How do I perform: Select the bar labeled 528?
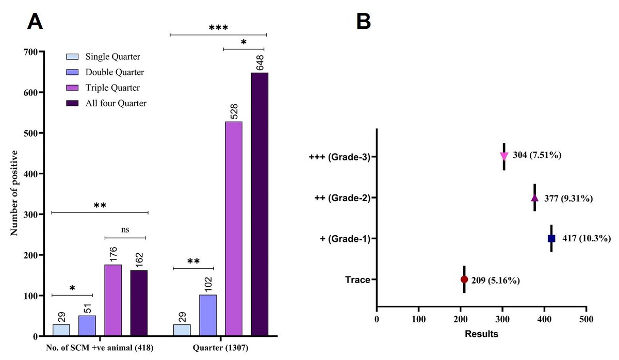click(x=233, y=229)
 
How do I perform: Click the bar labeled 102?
click(x=207, y=315)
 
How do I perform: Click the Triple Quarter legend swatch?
click(x=73, y=88)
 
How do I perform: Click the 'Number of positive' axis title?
click(x=14, y=193)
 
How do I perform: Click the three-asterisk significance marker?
click(x=218, y=27)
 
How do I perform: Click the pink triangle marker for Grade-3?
click(x=504, y=156)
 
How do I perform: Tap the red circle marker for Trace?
click(x=464, y=280)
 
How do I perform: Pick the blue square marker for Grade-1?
click(x=551, y=238)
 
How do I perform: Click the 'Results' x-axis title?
click(x=481, y=334)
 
